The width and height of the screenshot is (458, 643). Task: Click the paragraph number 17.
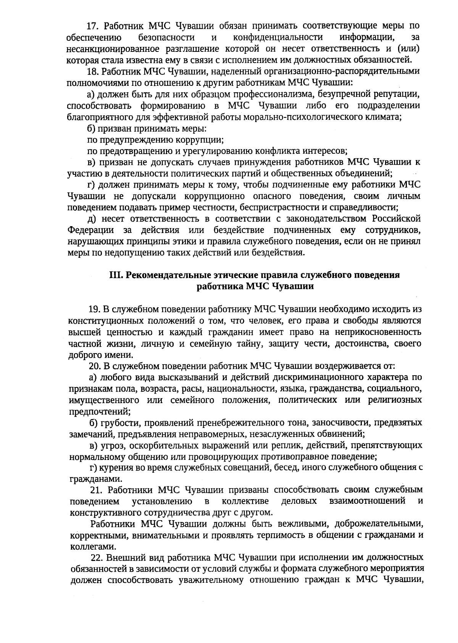tap(93, 26)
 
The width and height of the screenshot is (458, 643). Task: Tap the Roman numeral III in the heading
tap(115, 275)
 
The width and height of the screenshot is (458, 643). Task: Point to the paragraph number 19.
tap(94, 309)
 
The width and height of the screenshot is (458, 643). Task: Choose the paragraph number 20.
tap(94, 366)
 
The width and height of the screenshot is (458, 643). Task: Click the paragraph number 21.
tap(96, 490)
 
